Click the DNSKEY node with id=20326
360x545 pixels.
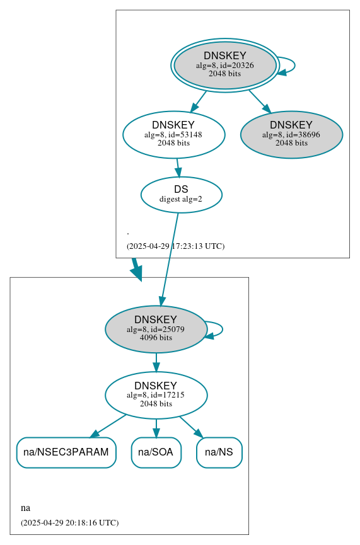click(x=224, y=65)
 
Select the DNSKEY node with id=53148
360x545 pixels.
click(x=173, y=134)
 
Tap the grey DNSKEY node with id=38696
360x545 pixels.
click(x=291, y=134)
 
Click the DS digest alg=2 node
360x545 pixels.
click(x=181, y=194)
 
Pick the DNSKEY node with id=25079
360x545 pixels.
click(x=156, y=329)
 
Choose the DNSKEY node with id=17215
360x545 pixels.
click(x=156, y=395)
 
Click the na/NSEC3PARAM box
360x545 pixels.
click(x=66, y=452)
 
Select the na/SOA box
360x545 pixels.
click(x=156, y=452)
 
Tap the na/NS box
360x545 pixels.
click(x=219, y=452)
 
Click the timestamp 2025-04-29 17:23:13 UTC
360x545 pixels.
click(x=175, y=246)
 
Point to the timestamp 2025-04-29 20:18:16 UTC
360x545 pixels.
click(x=69, y=522)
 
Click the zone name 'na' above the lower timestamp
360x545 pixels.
click(x=25, y=508)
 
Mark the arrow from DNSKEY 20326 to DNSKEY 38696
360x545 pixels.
click(x=259, y=101)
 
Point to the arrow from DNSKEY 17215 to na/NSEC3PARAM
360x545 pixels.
click(x=108, y=426)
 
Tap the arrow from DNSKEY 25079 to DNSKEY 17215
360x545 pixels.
click(x=156, y=362)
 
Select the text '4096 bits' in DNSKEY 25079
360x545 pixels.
click(x=156, y=338)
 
